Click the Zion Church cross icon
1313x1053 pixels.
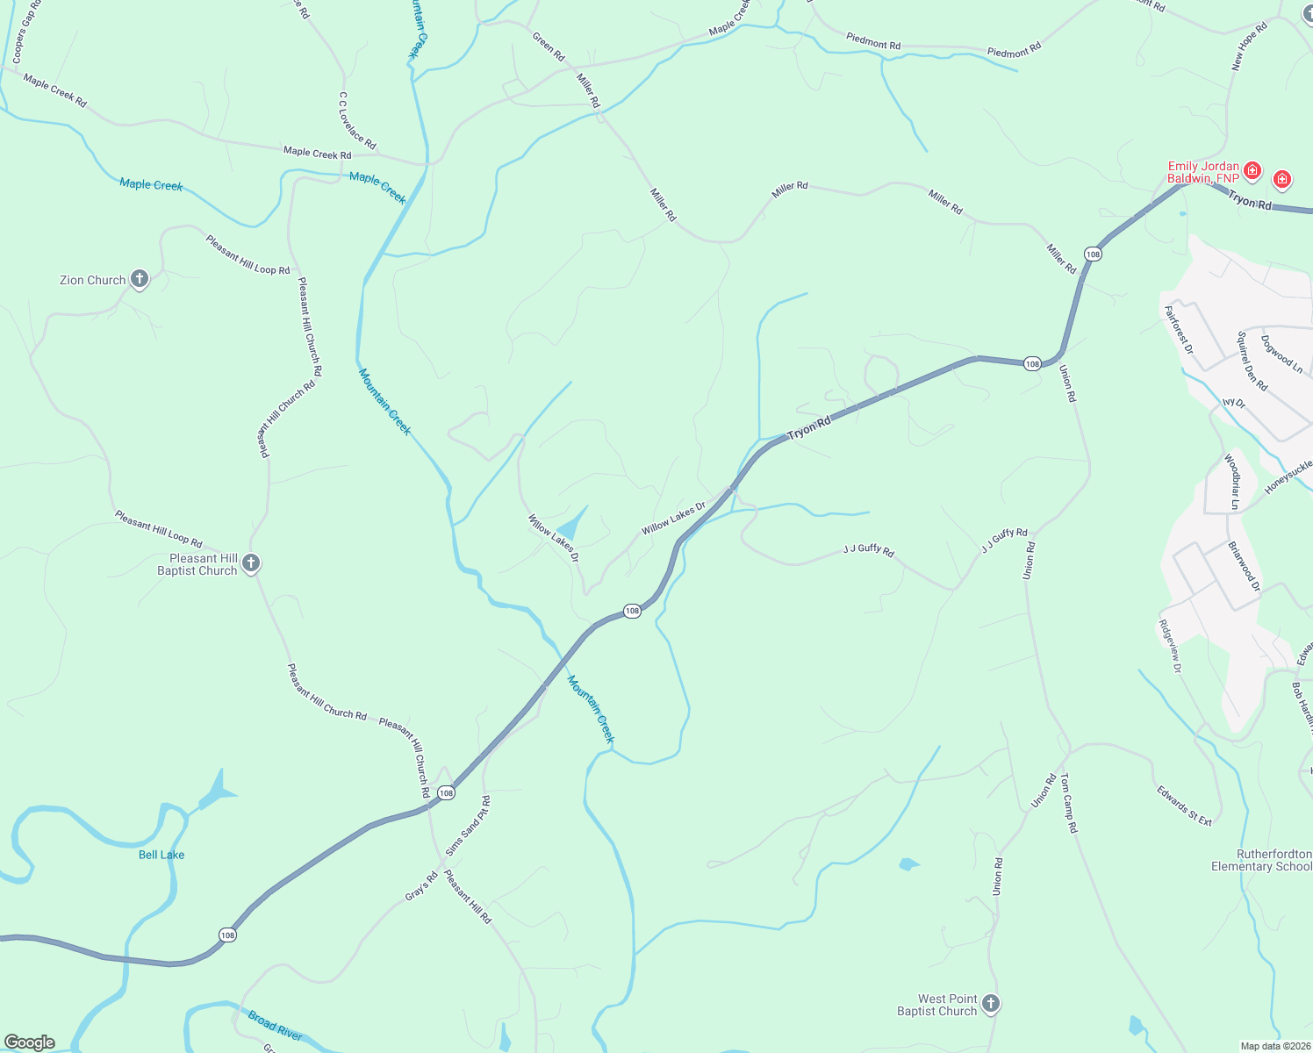139,279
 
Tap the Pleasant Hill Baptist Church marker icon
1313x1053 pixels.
251,563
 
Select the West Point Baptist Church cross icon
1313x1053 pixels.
991,1003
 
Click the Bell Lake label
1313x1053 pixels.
161,855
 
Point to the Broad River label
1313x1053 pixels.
275,1025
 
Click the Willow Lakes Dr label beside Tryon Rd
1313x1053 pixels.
673,519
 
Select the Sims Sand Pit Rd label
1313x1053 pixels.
468,826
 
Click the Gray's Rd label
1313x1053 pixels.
421,886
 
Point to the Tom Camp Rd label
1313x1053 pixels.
1067,803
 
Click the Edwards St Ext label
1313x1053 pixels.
1184,806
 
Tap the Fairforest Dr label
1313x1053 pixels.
1179,330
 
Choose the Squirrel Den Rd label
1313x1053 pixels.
1252,361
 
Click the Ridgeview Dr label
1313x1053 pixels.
1171,646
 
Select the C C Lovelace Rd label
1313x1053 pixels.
357,120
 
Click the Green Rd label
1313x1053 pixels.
549,47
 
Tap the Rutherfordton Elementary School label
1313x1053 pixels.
1261,860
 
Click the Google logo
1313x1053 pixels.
29,1042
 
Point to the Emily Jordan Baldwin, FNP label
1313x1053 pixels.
1203,172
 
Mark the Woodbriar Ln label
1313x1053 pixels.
1231,482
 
